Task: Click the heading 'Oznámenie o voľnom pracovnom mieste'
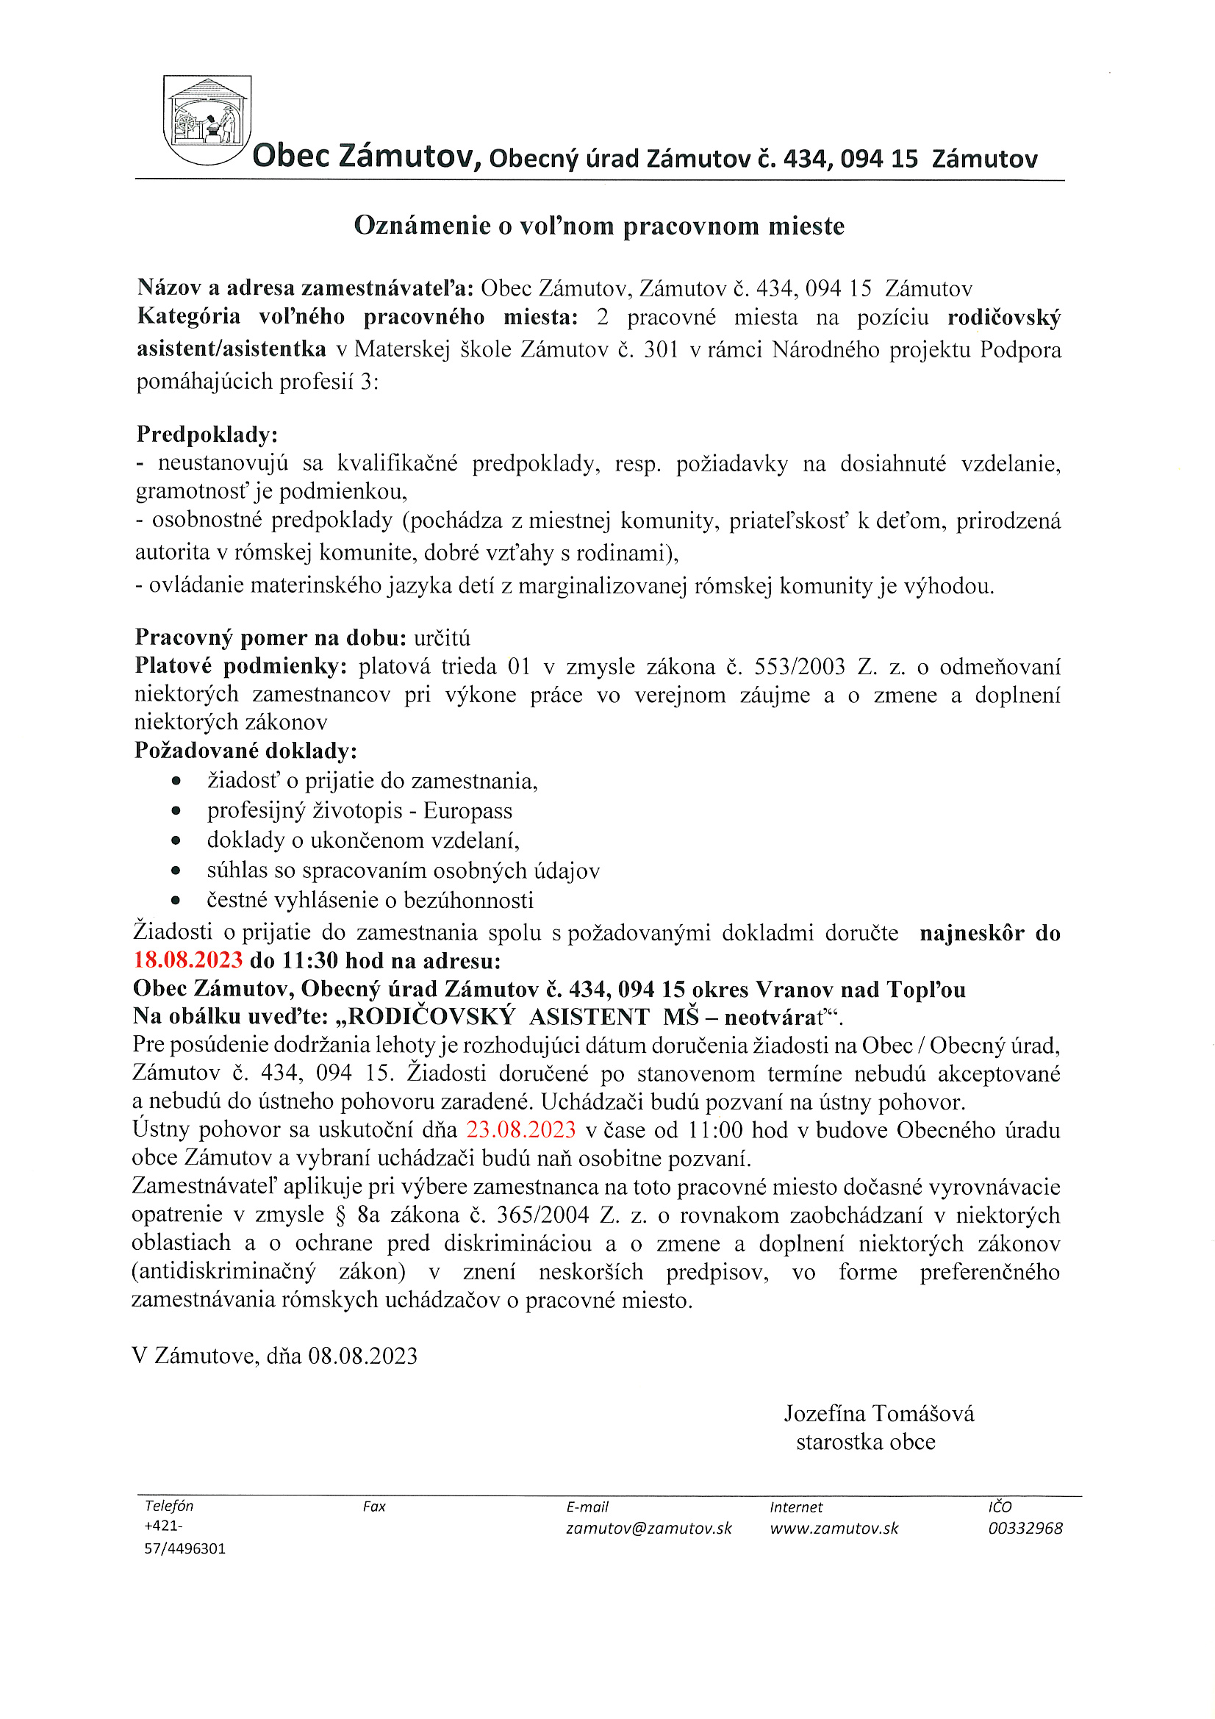click(599, 226)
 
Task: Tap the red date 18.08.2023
click(188, 960)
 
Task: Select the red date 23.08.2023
click(521, 1130)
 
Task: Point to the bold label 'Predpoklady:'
click(207, 435)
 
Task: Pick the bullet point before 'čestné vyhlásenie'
click(176, 901)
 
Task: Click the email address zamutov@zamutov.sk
click(648, 1528)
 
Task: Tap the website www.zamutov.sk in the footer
click(834, 1528)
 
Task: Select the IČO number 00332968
click(1025, 1528)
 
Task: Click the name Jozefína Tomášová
click(879, 1414)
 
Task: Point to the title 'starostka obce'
click(865, 1442)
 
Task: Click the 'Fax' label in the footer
click(374, 1507)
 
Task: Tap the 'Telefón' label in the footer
click(169, 1506)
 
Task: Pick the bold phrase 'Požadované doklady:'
click(245, 750)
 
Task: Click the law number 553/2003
click(800, 666)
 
